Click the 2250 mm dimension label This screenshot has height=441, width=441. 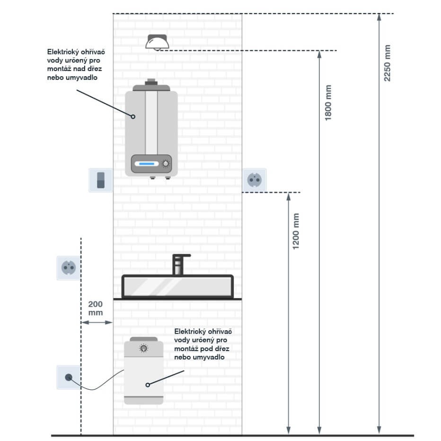point(388,63)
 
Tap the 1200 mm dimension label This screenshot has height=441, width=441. point(296,231)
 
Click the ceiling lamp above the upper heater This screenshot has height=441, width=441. point(158,42)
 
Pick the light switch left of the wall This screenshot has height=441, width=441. point(100,180)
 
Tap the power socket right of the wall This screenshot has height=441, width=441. point(254,180)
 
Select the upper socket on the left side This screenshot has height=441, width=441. point(68,268)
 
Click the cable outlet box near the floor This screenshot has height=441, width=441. point(68,377)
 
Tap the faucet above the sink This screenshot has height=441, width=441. point(179,264)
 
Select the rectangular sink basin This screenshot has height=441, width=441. point(177,286)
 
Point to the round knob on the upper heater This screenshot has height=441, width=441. point(166,164)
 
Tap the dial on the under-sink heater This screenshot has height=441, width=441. point(143,349)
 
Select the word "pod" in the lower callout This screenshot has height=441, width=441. point(206,349)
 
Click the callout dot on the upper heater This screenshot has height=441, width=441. point(133,116)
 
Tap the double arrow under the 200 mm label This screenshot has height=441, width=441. point(97,323)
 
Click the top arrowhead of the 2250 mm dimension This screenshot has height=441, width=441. point(379,18)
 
